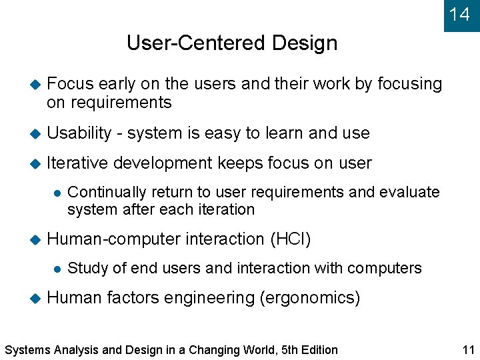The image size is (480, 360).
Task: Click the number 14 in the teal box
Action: pyautogui.click(x=459, y=14)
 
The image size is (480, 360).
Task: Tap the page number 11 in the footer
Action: pyautogui.click(x=467, y=349)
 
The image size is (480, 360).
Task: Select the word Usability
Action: pyautogui.click(x=79, y=133)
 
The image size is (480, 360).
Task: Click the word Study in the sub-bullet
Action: pyautogui.click(x=86, y=268)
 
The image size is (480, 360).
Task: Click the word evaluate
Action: pyautogui.click(x=409, y=192)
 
